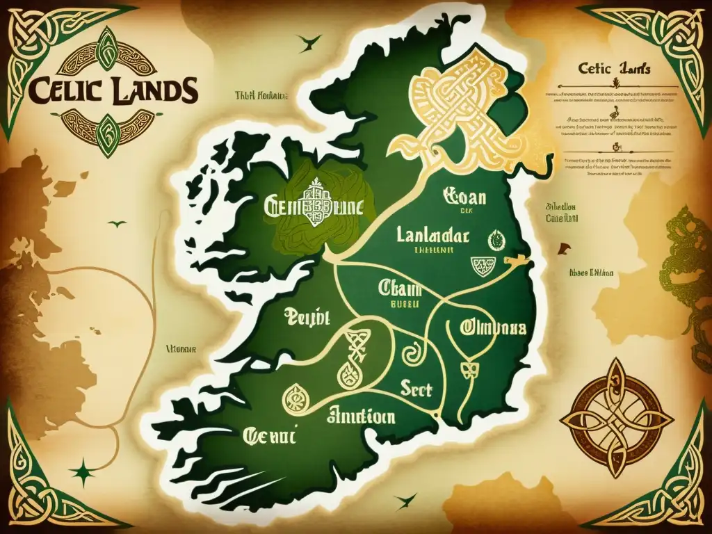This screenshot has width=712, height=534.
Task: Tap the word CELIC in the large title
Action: (x=68, y=90)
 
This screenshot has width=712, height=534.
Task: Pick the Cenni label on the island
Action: (x=269, y=437)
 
